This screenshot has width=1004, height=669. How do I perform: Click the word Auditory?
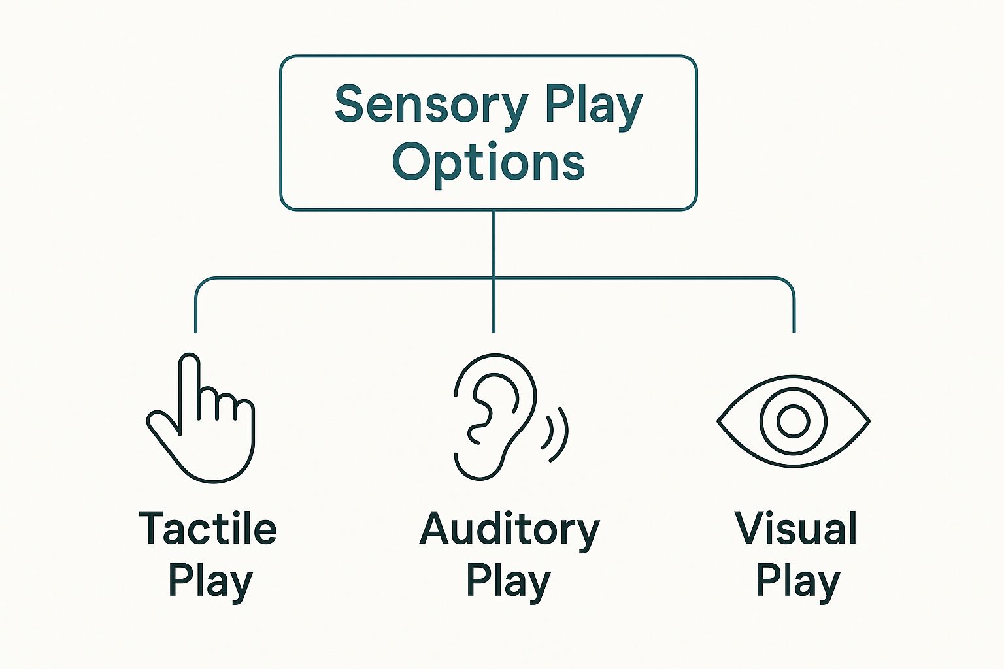[x=510, y=531]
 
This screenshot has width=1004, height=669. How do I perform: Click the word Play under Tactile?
[x=210, y=583]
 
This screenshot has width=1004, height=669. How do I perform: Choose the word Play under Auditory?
[x=509, y=583]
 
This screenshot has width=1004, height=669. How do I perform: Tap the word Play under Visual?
[x=798, y=583]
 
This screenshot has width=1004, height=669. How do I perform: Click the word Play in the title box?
[x=594, y=107]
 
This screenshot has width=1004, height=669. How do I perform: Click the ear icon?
[x=511, y=417]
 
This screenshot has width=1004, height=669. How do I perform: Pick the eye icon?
[x=794, y=421]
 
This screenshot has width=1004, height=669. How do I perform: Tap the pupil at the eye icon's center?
[x=794, y=421]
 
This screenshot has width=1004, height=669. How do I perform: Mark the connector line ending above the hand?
[x=195, y=304]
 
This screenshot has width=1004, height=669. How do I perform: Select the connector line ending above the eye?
[x=794, y=304]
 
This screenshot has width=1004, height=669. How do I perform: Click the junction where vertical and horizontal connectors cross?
[x=494, y=278]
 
